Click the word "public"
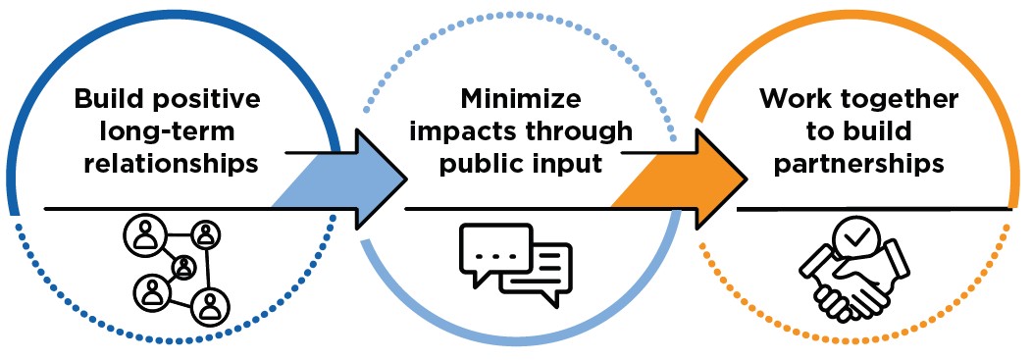click(485, 163)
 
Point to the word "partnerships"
click(858, 162)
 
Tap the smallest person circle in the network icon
click(183, 267)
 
